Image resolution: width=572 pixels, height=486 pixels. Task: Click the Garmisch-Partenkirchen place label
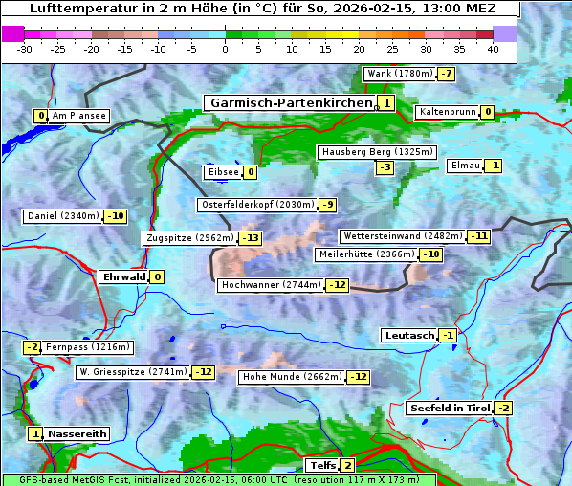point(290,103)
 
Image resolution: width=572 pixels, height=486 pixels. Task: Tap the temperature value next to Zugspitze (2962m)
point(251,238)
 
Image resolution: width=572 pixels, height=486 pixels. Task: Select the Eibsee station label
point(222,172)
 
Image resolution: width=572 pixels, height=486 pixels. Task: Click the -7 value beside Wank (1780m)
point(447,74)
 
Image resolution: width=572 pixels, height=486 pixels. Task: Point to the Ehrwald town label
point(123,277)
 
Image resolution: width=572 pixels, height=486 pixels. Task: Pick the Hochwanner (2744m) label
point(271,285)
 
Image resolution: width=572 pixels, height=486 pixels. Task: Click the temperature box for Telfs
point(347,466)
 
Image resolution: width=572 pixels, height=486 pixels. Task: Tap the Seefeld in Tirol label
point(449,409)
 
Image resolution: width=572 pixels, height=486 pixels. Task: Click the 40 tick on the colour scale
point(493,49)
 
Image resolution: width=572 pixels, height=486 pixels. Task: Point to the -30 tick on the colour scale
point(25,49)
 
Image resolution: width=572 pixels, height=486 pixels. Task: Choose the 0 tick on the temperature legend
point(225,49)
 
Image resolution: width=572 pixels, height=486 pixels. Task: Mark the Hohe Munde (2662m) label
point(292,377)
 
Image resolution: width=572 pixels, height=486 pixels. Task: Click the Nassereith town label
point(77,433)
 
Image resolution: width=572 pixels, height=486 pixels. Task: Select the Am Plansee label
point(78,116)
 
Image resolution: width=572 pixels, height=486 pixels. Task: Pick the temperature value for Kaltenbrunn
point(487,112)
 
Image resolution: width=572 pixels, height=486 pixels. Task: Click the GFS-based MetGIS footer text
point(218,479)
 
